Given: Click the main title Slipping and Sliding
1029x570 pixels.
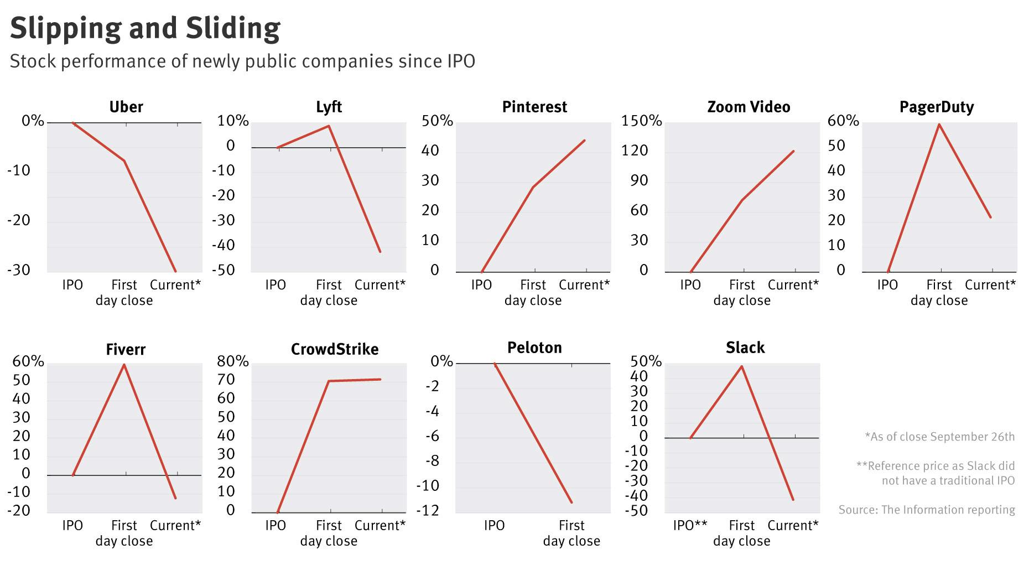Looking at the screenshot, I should pos(145,28).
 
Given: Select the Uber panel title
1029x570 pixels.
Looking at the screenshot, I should pos(126,107).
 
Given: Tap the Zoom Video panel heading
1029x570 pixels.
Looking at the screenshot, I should pos(749,107).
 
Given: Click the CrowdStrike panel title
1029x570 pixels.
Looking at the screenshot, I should pos(335,349).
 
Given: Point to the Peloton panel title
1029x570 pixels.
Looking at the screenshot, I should pos(534,348).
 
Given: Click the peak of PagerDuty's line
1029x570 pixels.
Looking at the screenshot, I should pos(939,125).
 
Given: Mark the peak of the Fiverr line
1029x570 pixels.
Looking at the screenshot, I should pos(124,365).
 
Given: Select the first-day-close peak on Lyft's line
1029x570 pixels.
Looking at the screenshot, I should pos(329,126).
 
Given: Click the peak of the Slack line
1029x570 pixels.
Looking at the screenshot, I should pos(741,366).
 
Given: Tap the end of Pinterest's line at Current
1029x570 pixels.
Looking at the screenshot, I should pos(585,141).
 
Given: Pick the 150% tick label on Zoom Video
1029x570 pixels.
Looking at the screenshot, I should pos(641,121).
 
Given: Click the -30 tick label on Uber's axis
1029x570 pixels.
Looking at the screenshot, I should pos(19,270).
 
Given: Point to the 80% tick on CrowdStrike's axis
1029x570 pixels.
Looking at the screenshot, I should pos(233,361).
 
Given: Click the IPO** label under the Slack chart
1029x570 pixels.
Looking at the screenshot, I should pos(690,525).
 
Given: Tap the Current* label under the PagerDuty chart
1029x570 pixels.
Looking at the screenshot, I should pos(990,285).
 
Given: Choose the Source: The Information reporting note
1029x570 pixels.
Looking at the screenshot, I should pos(926,510).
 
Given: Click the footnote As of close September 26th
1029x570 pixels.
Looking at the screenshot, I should pos(939,437).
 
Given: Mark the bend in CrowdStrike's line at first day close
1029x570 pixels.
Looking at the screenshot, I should pos(329,381).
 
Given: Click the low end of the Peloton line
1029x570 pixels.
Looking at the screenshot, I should pos(571,502).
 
